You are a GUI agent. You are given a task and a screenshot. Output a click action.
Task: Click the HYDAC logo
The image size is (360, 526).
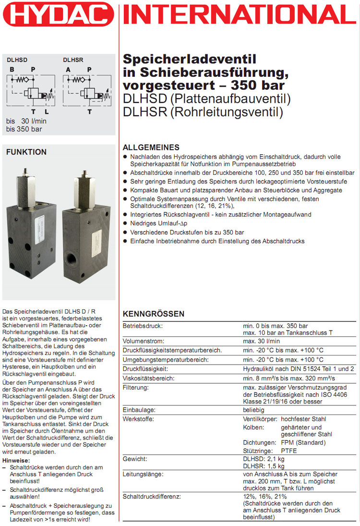click(x=59, y=14)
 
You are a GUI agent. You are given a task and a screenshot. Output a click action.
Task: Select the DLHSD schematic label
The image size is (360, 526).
click(x=17, y=60)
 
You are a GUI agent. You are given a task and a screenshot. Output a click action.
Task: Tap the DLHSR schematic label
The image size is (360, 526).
click(x=73, y=60)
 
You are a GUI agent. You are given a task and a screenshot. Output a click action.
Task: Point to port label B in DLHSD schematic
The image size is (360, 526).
click(x=12, y=70)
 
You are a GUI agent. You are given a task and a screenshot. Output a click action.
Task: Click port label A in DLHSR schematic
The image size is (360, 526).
click(x=68, y=70)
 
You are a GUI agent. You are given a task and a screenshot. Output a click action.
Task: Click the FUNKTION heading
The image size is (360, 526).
click(x=26, y=152)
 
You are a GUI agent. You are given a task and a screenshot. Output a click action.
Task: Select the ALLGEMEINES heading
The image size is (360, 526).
click(x=151, y=147)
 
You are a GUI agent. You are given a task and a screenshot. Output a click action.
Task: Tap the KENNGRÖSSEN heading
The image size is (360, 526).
click(x=153, y=314)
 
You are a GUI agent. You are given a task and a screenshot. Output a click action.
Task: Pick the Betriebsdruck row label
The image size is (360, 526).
click(x=143, y=326)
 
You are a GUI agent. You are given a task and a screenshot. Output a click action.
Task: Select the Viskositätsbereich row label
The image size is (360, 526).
click(x=149, y=378)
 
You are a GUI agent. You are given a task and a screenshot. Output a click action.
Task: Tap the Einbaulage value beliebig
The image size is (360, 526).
click(x=253, y=410)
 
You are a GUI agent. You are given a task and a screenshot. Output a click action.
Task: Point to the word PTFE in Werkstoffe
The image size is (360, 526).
click(x=289, y=451)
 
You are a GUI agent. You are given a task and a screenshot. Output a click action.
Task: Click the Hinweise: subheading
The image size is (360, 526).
click(x=16, y=460)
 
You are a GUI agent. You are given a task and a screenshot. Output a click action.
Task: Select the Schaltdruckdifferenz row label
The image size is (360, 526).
click(x=152, y=496)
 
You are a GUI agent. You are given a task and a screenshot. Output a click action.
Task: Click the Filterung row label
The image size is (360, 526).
click(x=136, y=387)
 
